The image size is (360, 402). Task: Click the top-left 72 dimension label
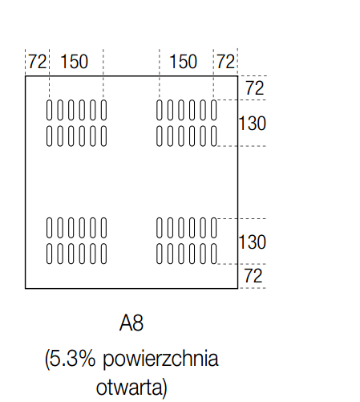click(x=37, y=62)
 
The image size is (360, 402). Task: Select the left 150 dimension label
click(x=75, y=62)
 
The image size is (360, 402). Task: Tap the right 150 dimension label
click(x=184, y=62)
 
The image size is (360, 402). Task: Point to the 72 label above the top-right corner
click(x=226, y=62)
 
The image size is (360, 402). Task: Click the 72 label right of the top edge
click(x=255, y=88)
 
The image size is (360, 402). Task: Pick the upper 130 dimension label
click(x=252, y=124)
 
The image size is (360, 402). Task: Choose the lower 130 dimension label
click(x=252, y=242)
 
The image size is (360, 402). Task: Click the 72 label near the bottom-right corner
click(x=253, y=276)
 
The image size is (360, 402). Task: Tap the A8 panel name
click(x=131, y=323)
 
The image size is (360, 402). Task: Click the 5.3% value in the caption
click(x=70, y=359)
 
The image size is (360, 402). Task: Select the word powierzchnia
click(x=160, y=359)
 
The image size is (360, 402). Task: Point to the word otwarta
click(x=129, y=388)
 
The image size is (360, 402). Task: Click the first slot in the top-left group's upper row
click(x=49, y=110)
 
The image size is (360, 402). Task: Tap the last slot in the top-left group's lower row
click(x=103, y=136)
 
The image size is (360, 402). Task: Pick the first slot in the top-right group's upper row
click(x=160, y=110)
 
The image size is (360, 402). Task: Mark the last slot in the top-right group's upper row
click(x=213, y=110)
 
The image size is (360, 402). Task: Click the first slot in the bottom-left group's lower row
click(x=49, y=254)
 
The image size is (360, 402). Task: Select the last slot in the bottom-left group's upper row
click(x=103, y=228)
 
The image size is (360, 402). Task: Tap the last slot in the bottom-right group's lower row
click(x=213, y=254)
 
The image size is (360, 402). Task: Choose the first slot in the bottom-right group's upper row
click(x=160, y=228)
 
